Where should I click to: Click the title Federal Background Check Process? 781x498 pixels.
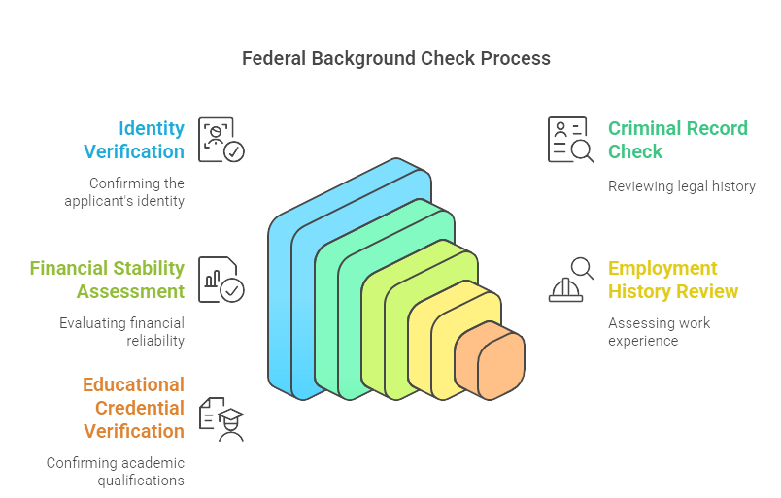point(395,59)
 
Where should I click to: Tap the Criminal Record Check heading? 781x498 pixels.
point(677,140)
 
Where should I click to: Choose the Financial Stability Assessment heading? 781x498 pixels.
point(107,280)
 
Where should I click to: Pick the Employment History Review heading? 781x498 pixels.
point(673,280)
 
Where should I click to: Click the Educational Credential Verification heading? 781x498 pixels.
point(133,408)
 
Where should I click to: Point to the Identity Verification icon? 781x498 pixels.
point(221,140)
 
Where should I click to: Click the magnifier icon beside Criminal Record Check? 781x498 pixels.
point(570,140)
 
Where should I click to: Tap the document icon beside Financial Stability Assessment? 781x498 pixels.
point(221,280)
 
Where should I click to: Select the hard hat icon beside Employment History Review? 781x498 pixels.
point(570,280)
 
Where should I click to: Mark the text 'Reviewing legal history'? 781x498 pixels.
point(681,186)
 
